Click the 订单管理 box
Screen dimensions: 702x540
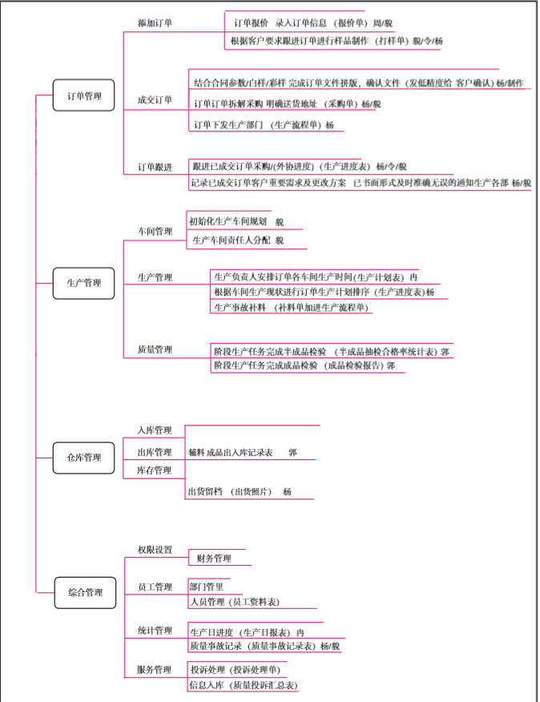pos(84,96)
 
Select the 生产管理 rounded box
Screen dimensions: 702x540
pos(84,283)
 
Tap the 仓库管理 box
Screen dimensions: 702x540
pos(84,458)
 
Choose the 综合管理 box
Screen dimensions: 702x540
pos(85,592)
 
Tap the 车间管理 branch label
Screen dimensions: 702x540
pos(155,231)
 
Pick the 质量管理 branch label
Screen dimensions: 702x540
pos(155,349)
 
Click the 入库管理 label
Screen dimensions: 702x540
pos(154,430)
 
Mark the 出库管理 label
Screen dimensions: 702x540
pos(154,452)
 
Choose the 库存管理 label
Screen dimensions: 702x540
pos(154,470)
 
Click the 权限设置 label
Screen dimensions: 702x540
pos(155,550)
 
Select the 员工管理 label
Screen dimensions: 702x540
pos(155,587)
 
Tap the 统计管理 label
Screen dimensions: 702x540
pos(155,631)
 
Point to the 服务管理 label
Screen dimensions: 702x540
pos(155,669)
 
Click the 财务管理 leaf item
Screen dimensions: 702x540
pos(213,558)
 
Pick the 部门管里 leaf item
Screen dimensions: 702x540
pos(207,586)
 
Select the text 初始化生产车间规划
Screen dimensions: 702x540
pos(228,221)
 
